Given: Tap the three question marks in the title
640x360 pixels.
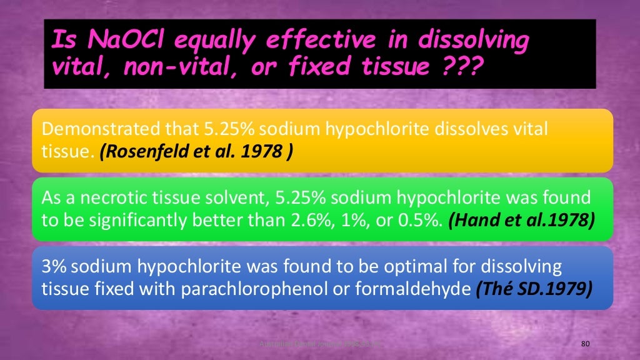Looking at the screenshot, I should [x=463, y=67].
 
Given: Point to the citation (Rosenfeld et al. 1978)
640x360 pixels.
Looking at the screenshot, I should [x=196, y=152].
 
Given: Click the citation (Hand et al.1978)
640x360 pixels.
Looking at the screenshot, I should [x=519, y=221].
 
